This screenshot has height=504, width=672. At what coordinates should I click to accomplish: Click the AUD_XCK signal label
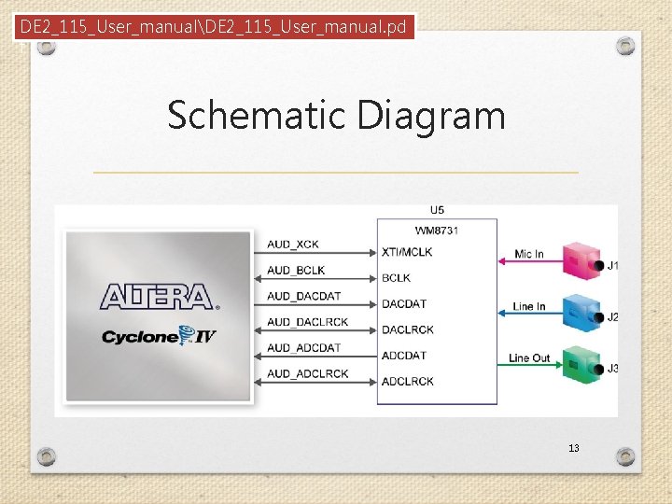(x=292, y=245)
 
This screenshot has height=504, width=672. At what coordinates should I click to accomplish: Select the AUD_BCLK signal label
(x=295, y=271)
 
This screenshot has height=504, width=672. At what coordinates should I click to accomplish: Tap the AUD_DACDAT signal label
(x=303, y=296)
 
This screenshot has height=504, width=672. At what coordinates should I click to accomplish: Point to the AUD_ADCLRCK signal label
(x=307, y=373)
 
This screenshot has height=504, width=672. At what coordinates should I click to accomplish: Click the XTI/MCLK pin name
(x=407, y=252)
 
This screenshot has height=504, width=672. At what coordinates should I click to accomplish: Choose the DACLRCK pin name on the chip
(x=407, y=329)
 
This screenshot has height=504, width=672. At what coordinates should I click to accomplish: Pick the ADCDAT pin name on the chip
(x=403, y=356)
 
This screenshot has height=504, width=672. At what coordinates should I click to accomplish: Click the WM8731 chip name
(x=437, y=230)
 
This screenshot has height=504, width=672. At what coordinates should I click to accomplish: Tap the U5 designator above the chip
(x=437, y=210)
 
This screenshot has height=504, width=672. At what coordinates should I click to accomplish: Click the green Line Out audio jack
(x=582, y=362)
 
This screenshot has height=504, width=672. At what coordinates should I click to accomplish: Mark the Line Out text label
(x=529, y=357)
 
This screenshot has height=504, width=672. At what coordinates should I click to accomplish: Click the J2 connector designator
(x=612, y=317)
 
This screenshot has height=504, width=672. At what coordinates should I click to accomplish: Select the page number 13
(x=573, y=448)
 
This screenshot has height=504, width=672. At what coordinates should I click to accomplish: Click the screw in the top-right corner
(x=626, y=46)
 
